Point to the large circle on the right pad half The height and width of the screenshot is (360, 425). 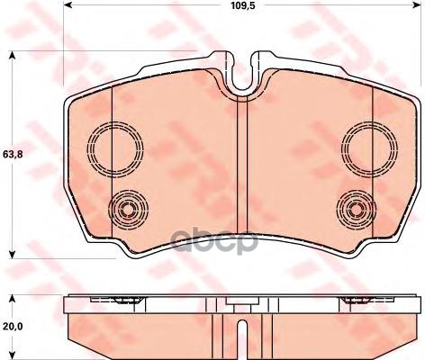365,144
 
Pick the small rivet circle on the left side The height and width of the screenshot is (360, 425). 126,211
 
